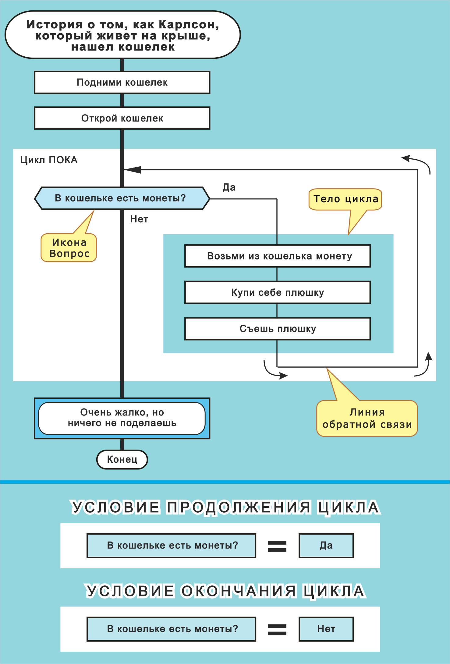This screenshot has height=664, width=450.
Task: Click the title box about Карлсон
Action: pos(123,35)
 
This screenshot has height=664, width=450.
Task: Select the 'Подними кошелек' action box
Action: pos(122,82)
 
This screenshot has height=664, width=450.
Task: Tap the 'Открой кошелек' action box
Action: pos(122,118)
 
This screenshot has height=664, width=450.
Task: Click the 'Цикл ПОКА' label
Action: pos(49,160)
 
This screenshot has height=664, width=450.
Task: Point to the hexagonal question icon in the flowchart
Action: pos(122,198)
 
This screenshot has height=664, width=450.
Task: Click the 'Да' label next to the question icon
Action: pos(229,187)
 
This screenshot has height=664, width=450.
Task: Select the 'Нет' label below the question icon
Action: pos(139,219)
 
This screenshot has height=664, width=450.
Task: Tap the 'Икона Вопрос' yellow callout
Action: pos(69,248)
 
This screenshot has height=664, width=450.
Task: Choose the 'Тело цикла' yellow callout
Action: pos(345,199)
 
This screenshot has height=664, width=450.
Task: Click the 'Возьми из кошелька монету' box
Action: pos(278,256)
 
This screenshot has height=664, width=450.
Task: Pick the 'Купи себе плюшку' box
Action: pos(278,292)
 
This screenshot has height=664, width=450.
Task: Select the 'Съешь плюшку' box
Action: pos(278,329)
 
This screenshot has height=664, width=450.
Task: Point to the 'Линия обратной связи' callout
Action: pos(367,418)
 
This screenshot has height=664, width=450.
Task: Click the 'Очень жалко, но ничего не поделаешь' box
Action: pos(122,418)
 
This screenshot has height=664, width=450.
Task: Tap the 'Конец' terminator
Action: pos(122,459)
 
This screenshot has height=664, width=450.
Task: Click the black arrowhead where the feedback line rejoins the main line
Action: pos(133,170)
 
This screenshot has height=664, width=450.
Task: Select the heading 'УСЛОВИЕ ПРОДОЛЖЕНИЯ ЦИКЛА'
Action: pos(225,507)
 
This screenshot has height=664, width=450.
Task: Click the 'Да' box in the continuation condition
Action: pos(326,546)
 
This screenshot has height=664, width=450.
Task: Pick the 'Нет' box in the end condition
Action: pos(326,629)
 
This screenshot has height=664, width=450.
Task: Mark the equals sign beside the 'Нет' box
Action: pos(277,629)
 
